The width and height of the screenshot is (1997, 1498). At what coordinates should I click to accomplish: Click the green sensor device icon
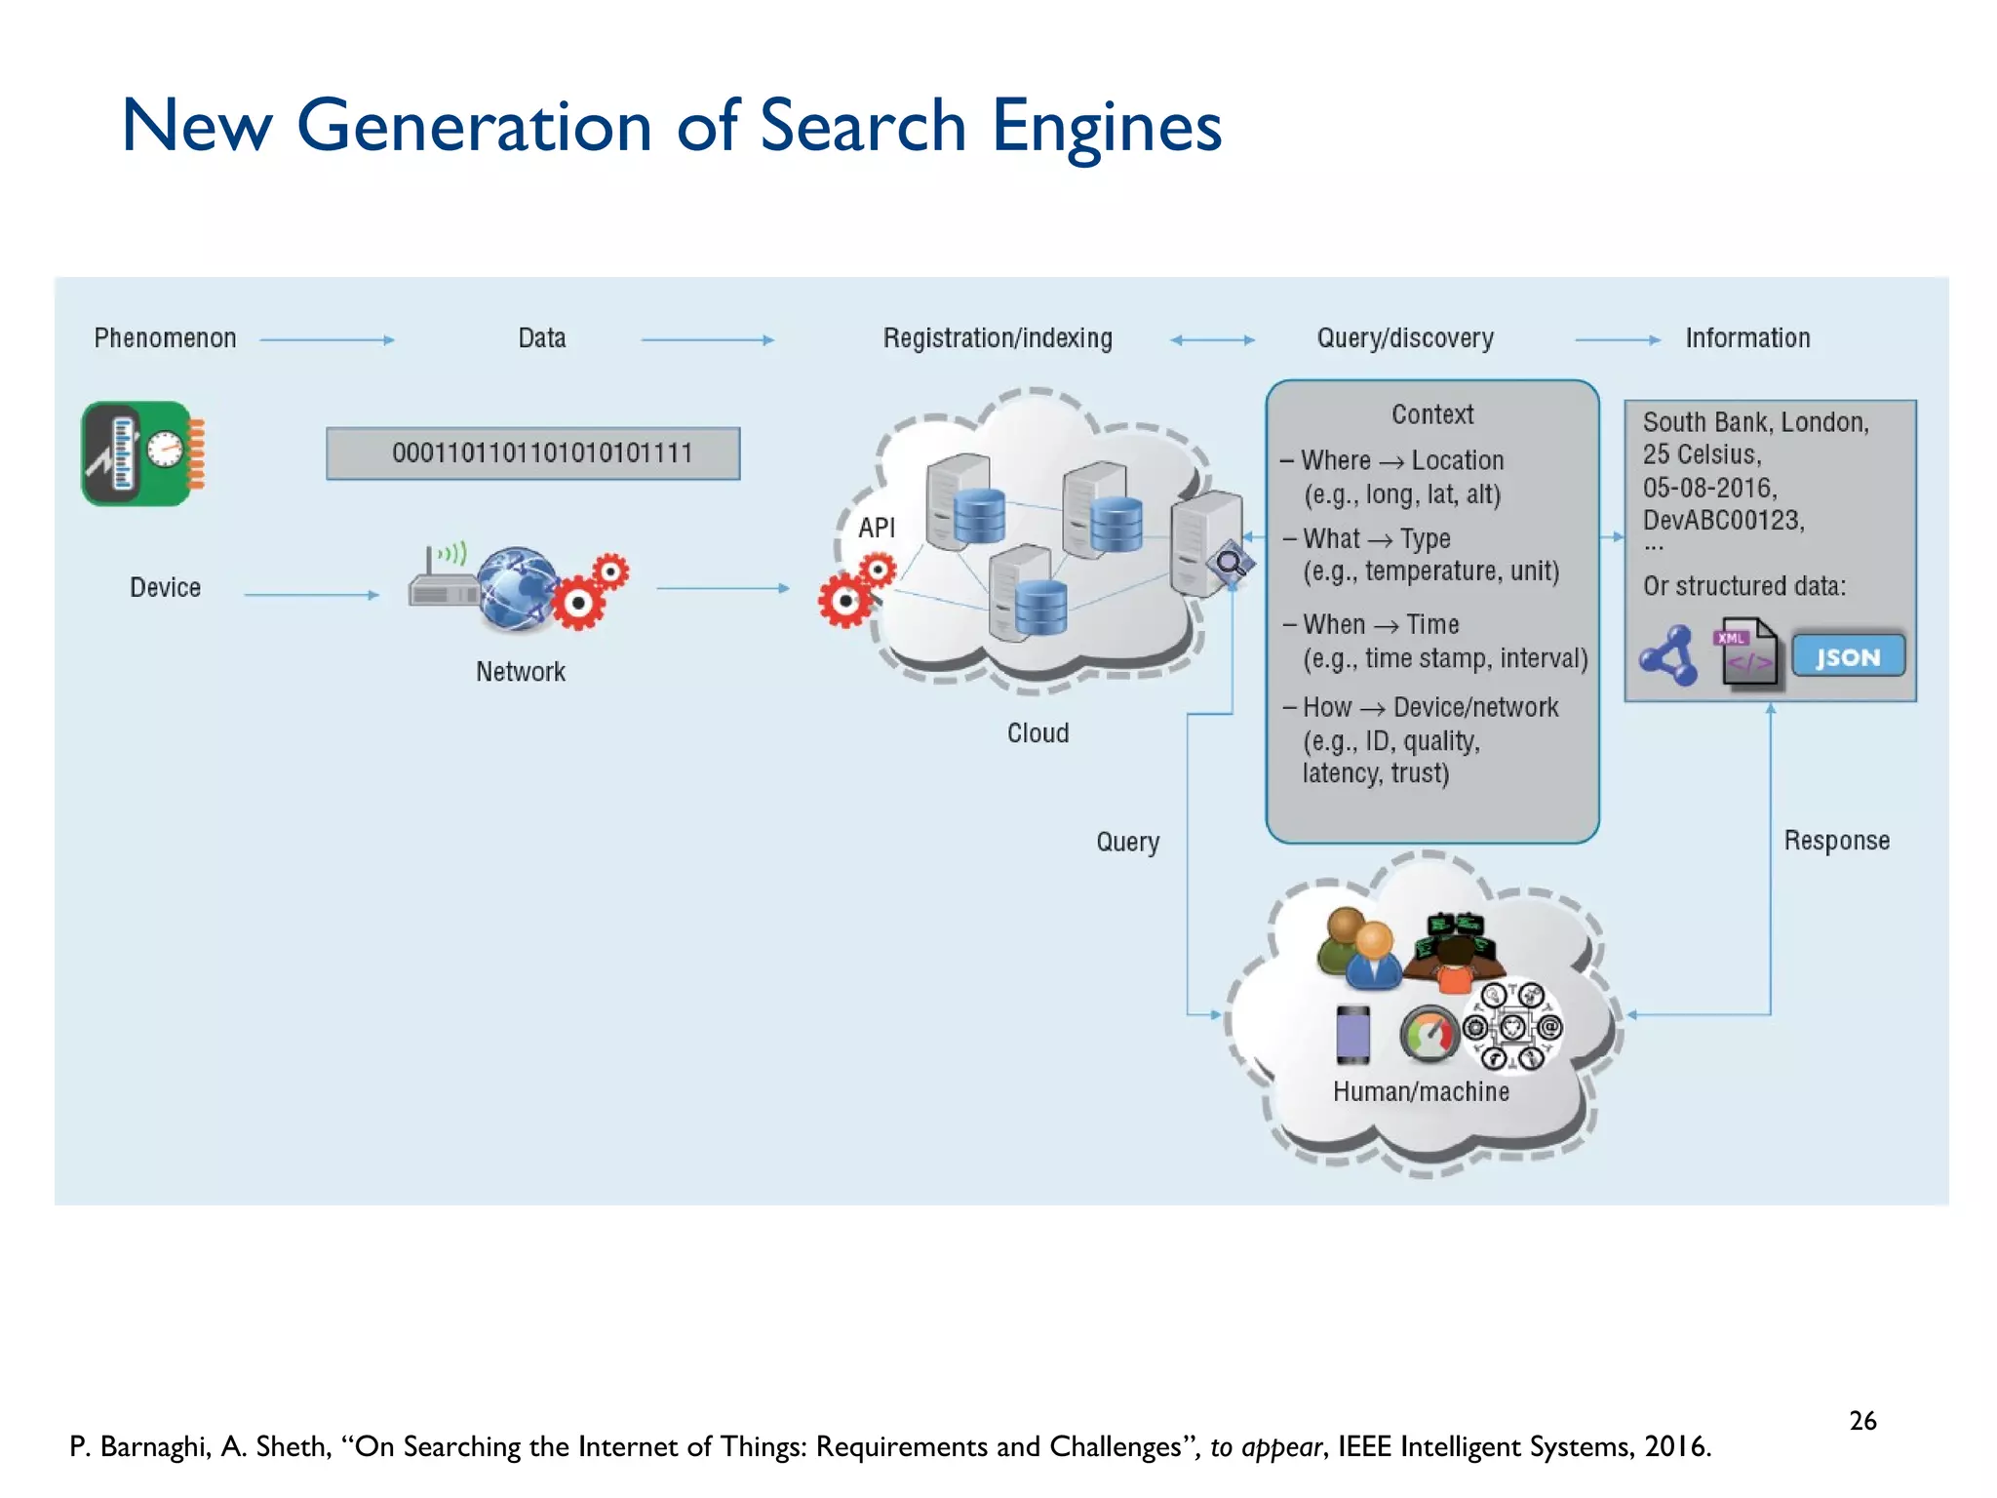click(x=142, y=453)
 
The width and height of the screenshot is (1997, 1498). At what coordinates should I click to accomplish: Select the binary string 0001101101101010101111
click(x=541, y=453)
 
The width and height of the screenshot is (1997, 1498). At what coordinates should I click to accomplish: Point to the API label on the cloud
click(x=876, y=528)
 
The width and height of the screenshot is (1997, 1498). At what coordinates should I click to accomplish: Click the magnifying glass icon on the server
click(x=1229, y=563)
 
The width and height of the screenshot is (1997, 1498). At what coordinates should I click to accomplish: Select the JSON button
click(x=1847, y=656)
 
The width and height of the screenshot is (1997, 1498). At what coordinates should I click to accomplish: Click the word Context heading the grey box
click(x=1431, y=414)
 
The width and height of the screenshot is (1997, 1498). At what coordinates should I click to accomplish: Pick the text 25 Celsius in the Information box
click(x=1702, y=454)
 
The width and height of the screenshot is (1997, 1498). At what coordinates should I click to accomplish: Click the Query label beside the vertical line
click(x=1127, y=842)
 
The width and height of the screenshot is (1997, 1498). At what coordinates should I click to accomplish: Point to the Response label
click(x=1836, y=841)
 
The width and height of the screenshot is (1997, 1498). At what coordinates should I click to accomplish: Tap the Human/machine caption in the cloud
click(x=1421, y=1091)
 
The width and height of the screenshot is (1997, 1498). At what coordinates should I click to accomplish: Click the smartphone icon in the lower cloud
click(x=1352, y=1034)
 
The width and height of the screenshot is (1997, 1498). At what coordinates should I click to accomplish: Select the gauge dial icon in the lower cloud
click(x=1428, y=1035)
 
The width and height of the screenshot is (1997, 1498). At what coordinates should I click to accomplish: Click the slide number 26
click(x=1862, y=1420)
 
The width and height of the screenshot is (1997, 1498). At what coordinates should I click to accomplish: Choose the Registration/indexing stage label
click(x=997, y=338)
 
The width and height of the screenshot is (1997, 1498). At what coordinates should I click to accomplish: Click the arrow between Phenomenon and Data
click(x=327, y=339)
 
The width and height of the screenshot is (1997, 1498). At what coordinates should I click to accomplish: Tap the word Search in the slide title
click(x=862, y=126)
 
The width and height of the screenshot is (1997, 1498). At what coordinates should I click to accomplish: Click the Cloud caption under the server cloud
click(x=1038, y=733)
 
